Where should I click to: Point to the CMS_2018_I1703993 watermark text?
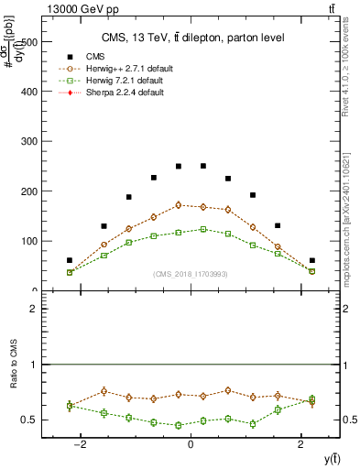(x=191, y=274)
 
